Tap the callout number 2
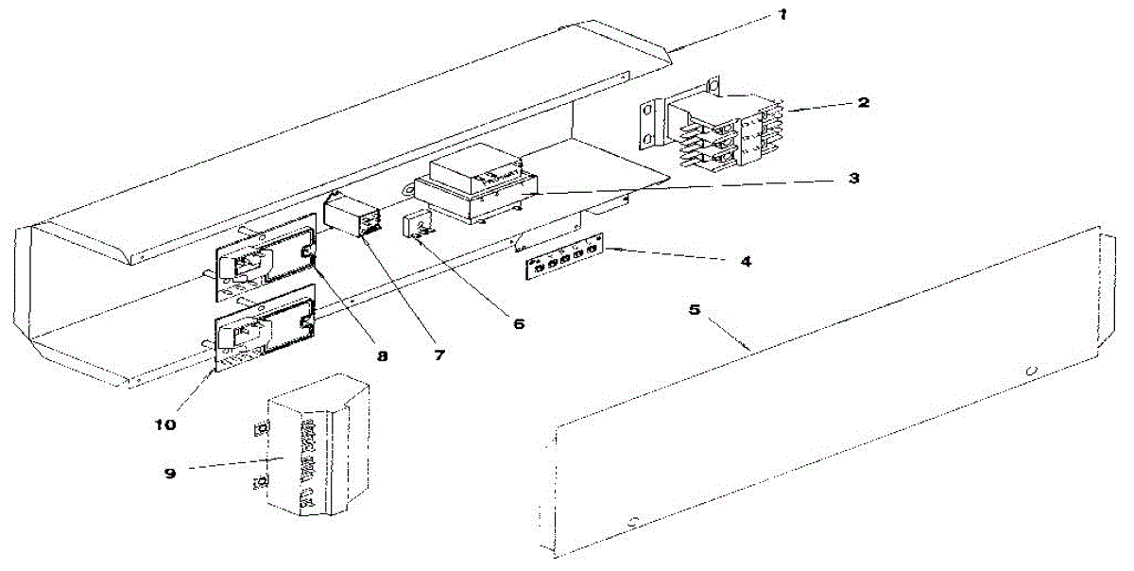pyautogui.click(x=863, y=101)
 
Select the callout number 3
pyautogui.click(x=853, y=177)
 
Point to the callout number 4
pyautogui.click(x=746, y=260)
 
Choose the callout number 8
pyautogui.click(x=381, y=355)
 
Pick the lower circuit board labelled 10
pyautogui.click(x=267, y=331)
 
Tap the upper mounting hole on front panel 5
pyautogui.click(x=1031, y=369)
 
